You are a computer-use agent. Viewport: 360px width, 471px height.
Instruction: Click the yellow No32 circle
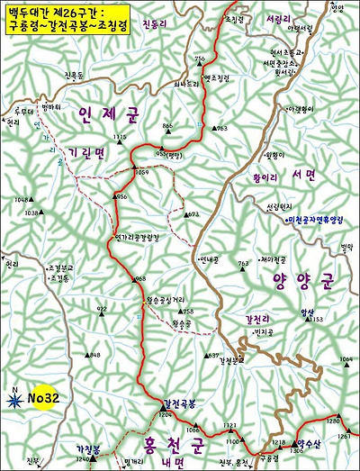[x=44, y=396]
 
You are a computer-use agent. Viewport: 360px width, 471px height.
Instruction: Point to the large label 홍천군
[x=174, y=445]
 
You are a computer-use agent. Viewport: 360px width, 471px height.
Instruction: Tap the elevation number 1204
[x=165, y=415]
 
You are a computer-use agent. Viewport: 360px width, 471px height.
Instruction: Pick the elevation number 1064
[x=346, y=359]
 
